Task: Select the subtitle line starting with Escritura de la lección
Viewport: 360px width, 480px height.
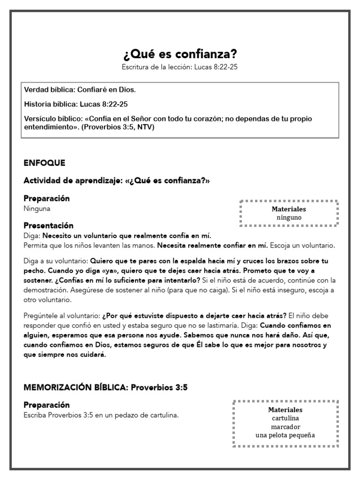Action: [x=180, y=67]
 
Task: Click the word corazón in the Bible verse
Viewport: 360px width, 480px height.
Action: [x=207, y=119]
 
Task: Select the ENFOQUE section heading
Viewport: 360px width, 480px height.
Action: [x=44, y=163]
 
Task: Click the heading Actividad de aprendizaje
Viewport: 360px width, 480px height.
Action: [x=73, y=180]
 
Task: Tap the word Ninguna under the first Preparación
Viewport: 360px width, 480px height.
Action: [x=37, y=209]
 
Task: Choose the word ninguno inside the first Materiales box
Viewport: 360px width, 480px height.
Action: [x=289, y=217]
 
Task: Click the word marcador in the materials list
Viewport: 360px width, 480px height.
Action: [x=285, y=427]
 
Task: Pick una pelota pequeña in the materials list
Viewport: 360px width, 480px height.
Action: [x=285, y=435]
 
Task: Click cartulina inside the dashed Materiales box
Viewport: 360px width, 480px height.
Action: [x=285, y=418]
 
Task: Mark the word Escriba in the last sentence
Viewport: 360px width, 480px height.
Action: [x=36, y=415]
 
